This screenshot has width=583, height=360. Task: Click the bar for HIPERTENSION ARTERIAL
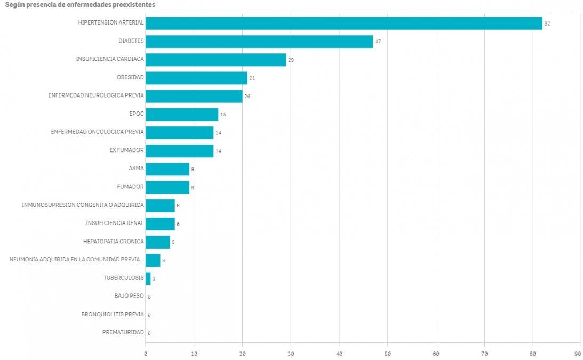[x=344, y=23]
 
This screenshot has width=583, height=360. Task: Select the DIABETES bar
[x=259, y=42]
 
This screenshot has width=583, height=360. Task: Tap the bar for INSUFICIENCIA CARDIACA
[x=215, y=60]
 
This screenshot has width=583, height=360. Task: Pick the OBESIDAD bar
[x=196, y=78]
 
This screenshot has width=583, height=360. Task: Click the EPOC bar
[x=182, y=115]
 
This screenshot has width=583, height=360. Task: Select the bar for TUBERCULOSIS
[x=148, y=278]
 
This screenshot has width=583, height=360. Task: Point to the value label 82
[x=547, y=24]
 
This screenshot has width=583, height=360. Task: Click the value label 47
[x=378, y=42]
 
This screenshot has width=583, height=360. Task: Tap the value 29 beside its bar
[x=291, y=60]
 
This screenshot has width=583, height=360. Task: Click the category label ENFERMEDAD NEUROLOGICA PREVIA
[x=96, y=96]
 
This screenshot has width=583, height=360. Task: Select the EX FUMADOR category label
[x=126, y=150]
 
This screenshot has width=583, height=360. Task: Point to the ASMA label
[x=136, y=169]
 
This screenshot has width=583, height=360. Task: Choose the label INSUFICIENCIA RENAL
[x=115, y=223]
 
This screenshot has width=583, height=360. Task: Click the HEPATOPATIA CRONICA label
[x=113, y=241]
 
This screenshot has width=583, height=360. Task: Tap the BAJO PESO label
[x=129, y=296]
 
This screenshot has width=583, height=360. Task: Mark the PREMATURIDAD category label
[x=123, y=332]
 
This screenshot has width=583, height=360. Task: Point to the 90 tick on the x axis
[x=578, y=354]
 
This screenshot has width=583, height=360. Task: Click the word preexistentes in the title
[x=133, y=4]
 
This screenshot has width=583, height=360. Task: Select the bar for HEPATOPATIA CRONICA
[x=157, y=242]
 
